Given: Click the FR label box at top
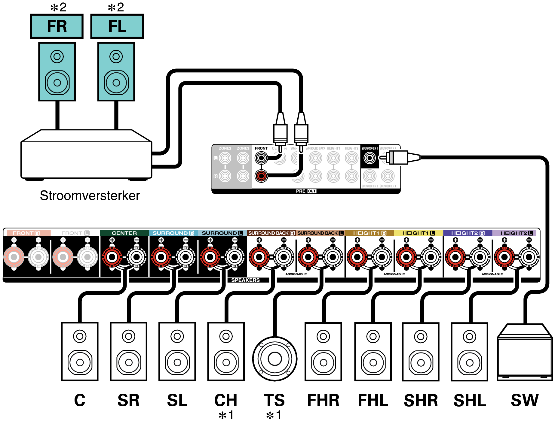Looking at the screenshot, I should coord(57,26).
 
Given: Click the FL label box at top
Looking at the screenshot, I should coord(117,26).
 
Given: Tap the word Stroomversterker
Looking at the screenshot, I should coord(90,195).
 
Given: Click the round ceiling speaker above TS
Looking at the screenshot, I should coord(275,359).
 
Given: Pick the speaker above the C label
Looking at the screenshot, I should coord(80,351).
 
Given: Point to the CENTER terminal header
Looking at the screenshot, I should coord(124,233).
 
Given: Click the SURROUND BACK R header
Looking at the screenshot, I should coord(271,233).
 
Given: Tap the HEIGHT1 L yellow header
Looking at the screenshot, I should coord(419,233).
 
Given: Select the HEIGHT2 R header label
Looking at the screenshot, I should coord(468,233).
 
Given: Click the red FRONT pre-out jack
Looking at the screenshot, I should coord(261,176).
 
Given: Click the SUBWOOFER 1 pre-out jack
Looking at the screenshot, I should coord(370,158).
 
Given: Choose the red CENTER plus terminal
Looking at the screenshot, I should coord(112,257).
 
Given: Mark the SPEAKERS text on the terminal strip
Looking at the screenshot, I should coord(245,280).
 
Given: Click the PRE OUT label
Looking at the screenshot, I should coord(306,191).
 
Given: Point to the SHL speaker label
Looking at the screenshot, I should coord(470,401).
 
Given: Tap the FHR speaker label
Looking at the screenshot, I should coord(323,400).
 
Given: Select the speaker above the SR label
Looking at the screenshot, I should coord(129,351).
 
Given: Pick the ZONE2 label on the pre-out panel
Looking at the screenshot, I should coord(225,148).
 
